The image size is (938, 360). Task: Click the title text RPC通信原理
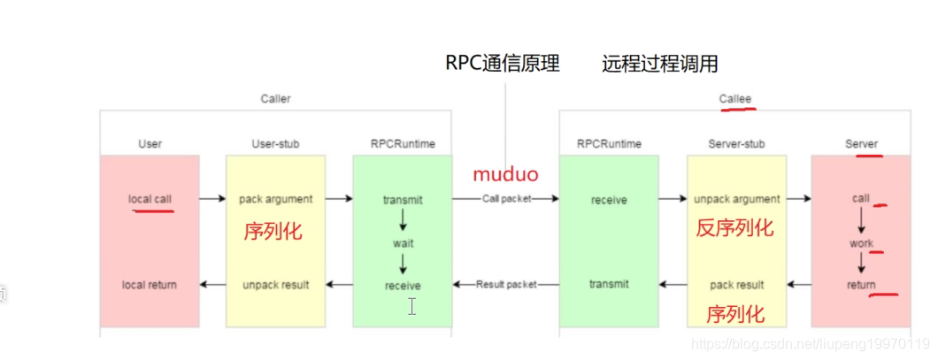click(x=502, y=64)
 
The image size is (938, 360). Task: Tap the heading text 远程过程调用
click(x=659, y=64)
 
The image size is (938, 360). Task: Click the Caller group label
click(x=275, y=99)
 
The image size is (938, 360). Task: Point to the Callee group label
click(x=734, y=99)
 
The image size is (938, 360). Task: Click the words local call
click(x=150, y=199)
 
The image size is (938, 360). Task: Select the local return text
click(x=150, y=285)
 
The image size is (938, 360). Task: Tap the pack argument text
click(x=275, y=199)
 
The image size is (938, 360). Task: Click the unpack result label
click(x=275, y=285)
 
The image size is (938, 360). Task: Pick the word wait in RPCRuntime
click(x=403, y=241)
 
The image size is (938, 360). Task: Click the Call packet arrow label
click(x=506, y=199)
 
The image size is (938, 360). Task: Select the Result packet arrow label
click(x=506, y=285)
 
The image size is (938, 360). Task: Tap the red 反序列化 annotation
click(x=734, y=228)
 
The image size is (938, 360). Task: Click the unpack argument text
click(x=736, y=199)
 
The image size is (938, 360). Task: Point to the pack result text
click(x=736, y=285)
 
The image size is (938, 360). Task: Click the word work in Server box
click(x=861, y=243)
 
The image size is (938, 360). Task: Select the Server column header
click(x=861, y=143)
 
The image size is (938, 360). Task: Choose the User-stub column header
click(x=275, y=143)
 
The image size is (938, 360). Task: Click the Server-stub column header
click(x=736, y=143)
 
